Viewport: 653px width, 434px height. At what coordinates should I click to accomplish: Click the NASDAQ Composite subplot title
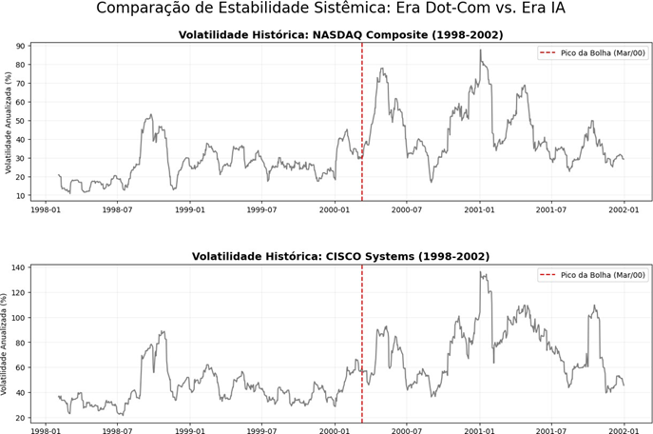(x=340, y=35)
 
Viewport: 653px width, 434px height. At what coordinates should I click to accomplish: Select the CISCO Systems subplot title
(x=340, y=256)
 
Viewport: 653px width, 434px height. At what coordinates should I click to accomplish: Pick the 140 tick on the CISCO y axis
(x=16, y=268)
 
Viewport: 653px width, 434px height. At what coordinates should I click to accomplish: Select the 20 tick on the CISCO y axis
(x=18, y=418)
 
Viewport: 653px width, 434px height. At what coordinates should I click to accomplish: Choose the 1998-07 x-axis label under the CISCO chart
(x=118, y=430)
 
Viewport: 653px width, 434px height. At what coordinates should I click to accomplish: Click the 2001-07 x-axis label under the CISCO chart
(x=551, y=430)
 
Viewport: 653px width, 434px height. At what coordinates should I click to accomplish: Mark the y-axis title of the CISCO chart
(x=8, y=343)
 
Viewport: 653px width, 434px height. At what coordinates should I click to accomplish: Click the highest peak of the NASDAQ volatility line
(x=481, y=49)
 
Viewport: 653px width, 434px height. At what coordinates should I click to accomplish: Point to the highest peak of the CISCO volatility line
(x=482, y=273)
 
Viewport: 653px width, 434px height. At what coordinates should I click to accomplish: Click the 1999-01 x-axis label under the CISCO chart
(x=190, y=430)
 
